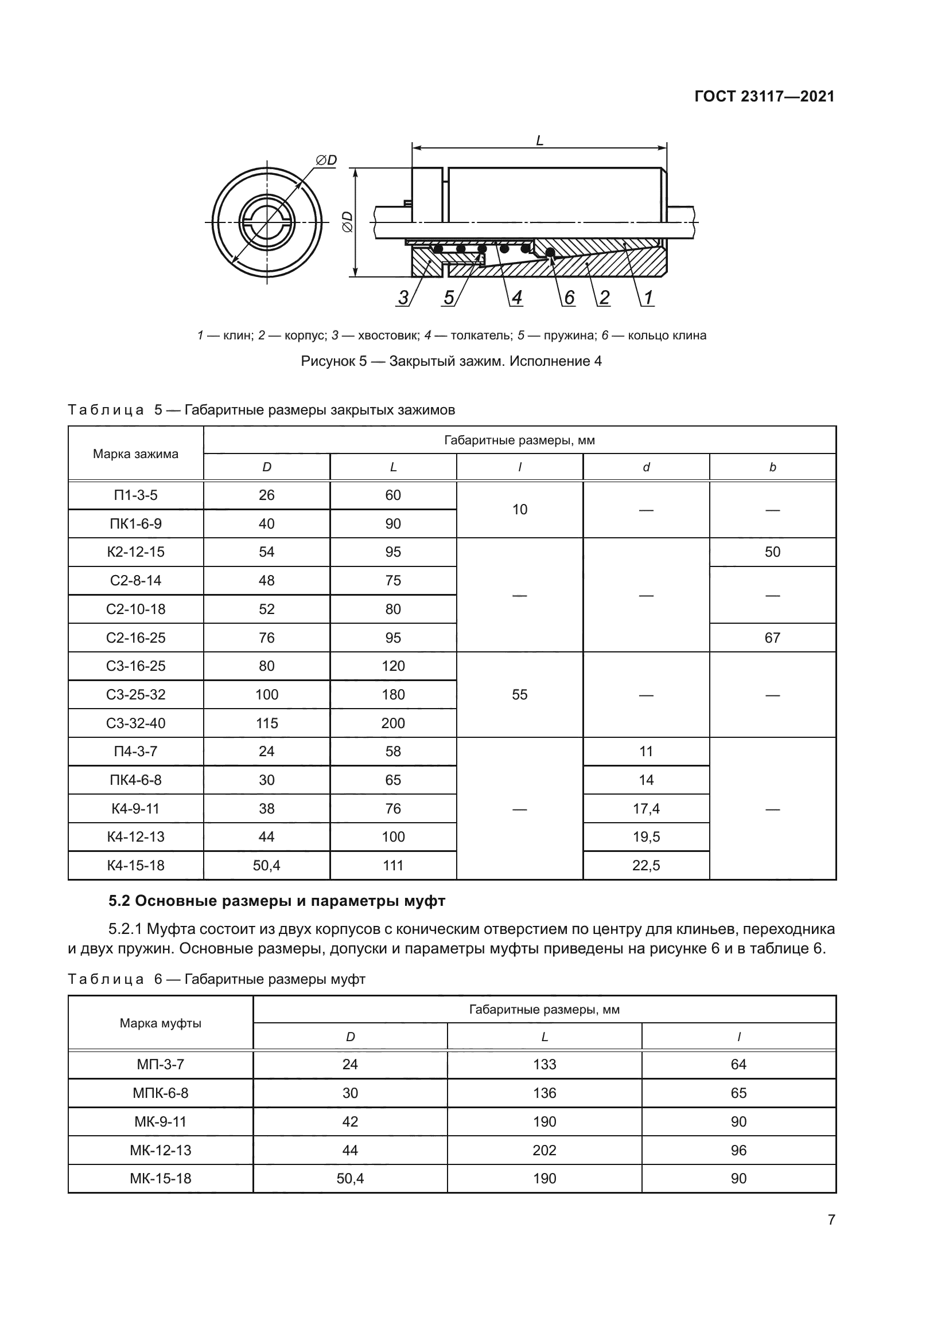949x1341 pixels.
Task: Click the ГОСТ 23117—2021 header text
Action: pos(764,97)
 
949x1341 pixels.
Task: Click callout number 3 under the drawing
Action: pos(403,298)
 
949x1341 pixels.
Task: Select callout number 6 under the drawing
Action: pos(569,298)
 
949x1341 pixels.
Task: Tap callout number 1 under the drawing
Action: pos(648,298)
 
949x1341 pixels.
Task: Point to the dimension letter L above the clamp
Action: pos(539,141)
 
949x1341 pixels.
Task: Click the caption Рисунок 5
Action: pos(450,362)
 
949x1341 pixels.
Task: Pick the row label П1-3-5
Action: pos(135,495)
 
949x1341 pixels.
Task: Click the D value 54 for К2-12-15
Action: pos(266,552)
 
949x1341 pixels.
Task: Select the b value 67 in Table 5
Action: pos(772,638)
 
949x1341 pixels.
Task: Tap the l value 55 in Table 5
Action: pos(519,694)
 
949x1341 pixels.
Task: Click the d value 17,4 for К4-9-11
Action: pos(645,808)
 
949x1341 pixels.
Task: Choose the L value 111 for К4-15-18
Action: pos(392,866)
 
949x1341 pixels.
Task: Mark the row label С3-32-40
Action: pos(135,723)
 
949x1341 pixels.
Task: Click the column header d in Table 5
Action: pos(645,467)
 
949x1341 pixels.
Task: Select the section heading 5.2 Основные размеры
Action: pos(277,901)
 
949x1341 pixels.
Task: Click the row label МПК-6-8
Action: pos(160,1093)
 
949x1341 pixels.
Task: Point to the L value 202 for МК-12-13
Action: pos(544,1150)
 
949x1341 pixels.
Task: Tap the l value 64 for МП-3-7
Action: pos(738,1065)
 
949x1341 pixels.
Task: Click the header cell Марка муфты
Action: pos(160,1023)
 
